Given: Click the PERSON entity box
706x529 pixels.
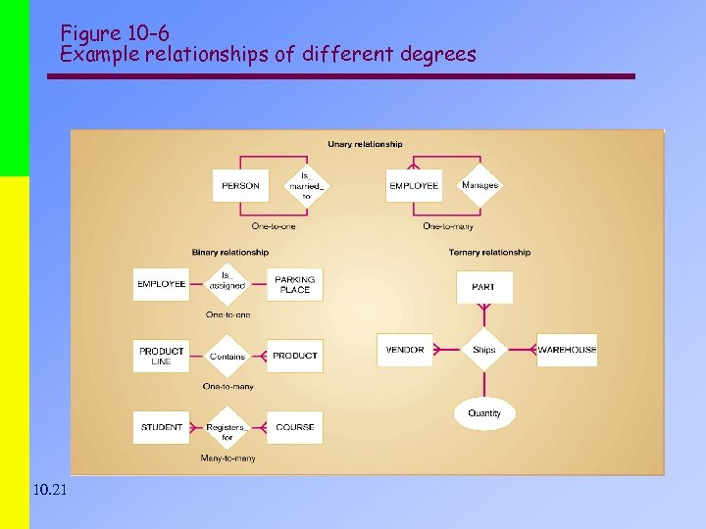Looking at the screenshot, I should (x=240, y=185).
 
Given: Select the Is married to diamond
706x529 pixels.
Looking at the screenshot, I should (x=305, y=185).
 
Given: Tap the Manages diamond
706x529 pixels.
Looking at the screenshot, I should (x=479, y=185).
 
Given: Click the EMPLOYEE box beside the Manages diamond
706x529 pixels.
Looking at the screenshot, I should (x=414, y=185).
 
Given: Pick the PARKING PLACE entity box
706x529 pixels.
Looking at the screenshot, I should (x=294, y=284).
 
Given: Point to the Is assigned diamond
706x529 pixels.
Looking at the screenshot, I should (x=227, y=284).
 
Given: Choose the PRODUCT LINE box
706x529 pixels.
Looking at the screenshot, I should (x=161, y=356).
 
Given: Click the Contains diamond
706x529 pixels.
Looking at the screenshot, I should (x=227, y=356).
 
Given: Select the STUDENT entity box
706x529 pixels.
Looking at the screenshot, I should (x=161, y=427).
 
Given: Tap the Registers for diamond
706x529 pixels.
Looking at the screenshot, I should (x=227, y=427).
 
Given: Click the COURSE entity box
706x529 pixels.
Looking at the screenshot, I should (x=294, y=427).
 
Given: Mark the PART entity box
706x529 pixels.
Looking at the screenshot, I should (x=483, y=287).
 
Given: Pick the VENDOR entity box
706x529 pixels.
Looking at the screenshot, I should (x=405, y=350).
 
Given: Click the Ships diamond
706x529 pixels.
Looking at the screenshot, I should (x=483, y=350).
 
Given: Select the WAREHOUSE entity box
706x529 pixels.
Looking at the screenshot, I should (x=567, y=350).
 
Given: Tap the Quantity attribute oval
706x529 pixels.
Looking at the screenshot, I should (x=483, y=413).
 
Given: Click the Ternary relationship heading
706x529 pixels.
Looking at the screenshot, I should (x=489, y=252).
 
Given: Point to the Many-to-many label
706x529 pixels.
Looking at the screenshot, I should (x=227, y=458).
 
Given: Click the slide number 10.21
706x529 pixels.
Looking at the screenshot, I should (x=49, y=489).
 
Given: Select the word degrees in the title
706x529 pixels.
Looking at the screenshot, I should (x=437, y=54).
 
